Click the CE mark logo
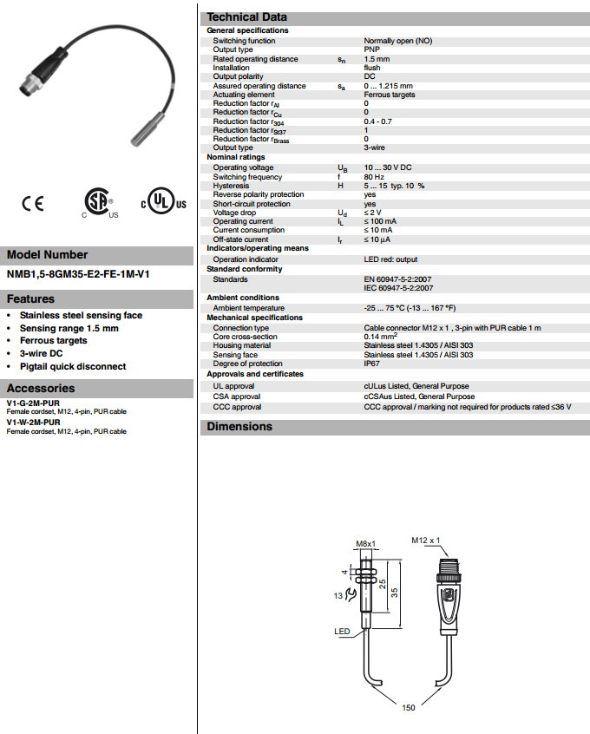click(33, 205)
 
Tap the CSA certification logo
click(97, 204)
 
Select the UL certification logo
click(163, 204)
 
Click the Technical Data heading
click(246, 17)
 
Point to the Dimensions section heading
click(239, 426)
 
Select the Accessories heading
click(41, 388)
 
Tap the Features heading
click(31, 298)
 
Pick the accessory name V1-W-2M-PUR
click(34, 422)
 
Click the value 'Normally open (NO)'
click(397, 41)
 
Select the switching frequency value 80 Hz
click(374, 176)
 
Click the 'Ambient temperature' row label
click(248, 308)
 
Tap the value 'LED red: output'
click(390, 259)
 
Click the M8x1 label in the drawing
click(365, 544)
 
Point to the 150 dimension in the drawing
click(409, 707)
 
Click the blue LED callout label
click(342, 632)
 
